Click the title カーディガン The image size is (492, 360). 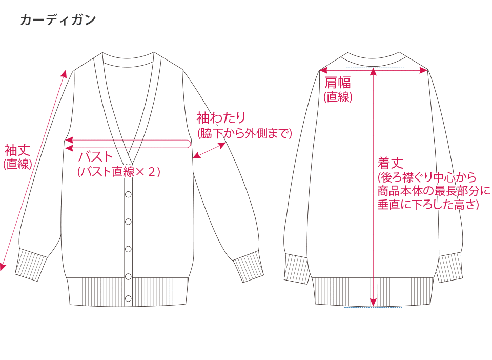pos(58,21)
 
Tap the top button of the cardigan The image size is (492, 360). pos(128,194)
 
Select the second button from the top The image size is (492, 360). pos(128,222)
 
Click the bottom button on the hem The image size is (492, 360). pos(128,297)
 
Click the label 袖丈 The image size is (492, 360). pos(17,150)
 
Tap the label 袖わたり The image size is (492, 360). pos(221,118)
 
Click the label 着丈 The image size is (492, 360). pos(391,163)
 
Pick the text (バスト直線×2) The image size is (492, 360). pos(119,172)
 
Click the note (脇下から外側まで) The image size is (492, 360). pos(244,133)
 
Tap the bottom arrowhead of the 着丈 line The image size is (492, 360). pos(374,302)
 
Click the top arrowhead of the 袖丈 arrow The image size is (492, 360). pos(64,73)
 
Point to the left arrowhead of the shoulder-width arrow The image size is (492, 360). pos(323,70)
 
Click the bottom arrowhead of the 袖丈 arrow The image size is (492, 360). pos(3,266)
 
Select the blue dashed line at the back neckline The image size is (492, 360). pos(375,67)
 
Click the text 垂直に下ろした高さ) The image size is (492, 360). pos(428,204)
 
